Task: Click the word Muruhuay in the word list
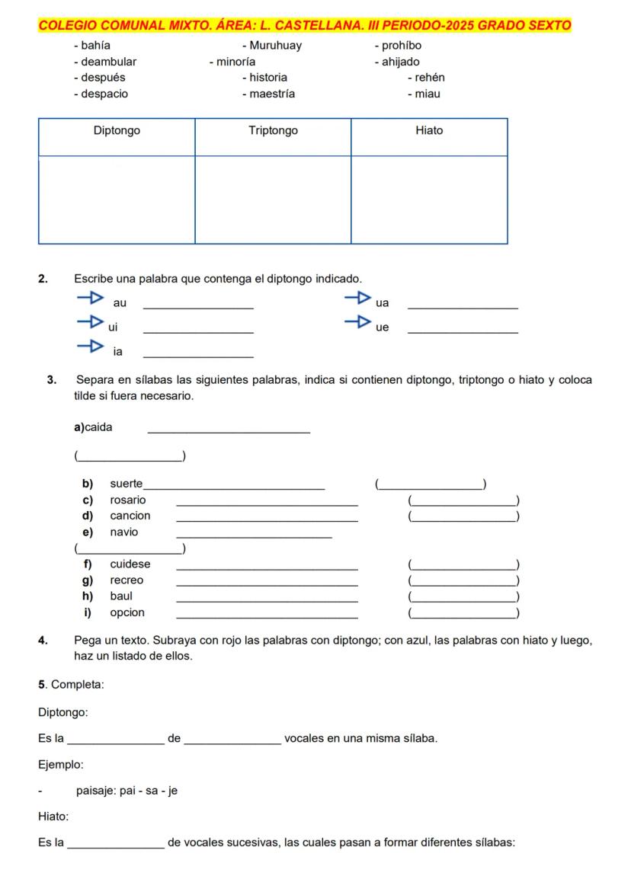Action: [x=275, y=46]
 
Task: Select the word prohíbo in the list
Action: [x=401, y=46]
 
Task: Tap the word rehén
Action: [x=430, y=78]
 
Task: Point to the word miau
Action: [x=427, y=94]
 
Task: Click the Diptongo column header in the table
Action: [x=117, y=131]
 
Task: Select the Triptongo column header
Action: [x=273, y=131]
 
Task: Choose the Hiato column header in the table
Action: [x=429, y=131]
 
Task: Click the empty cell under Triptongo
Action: [x=273, y=200]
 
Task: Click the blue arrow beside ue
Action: [x=357, y=322]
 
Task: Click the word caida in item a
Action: [x=98, y=428]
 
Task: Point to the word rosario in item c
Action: [x=128, y=500]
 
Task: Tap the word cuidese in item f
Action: [x=130, y=564]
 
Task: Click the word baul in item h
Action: [x=121, y=596]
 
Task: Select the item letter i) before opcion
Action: [x=88, y=613]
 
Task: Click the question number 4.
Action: [x=43, y=641]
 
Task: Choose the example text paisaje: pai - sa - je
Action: [x=127, y=791]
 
